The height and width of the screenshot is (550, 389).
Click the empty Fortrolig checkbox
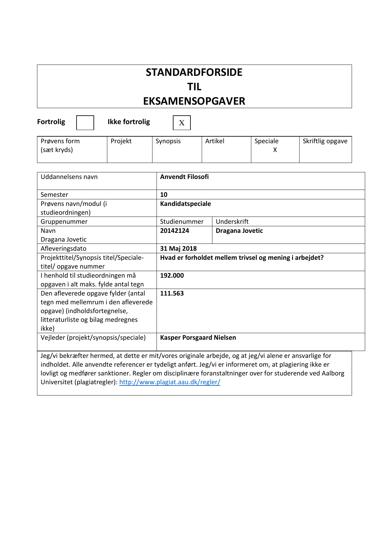pos(85,123)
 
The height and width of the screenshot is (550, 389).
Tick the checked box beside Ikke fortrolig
pos(182,123)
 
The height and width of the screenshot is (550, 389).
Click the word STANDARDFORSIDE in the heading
pos(194,72)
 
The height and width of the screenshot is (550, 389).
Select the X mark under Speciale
pos(275,150)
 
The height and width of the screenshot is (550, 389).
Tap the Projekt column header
pos(121,141)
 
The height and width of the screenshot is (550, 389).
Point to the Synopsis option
pos(168,141)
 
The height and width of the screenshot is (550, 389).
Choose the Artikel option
pos(215,141)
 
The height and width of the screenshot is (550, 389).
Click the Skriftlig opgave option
pos(325,141)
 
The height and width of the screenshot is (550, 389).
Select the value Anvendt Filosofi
pos(184,177)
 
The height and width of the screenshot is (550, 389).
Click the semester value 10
pos(164,195)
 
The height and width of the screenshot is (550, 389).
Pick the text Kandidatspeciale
pos(185,204)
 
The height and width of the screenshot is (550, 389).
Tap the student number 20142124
pos(174,231)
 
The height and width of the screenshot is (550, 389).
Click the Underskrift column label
pos(232,222)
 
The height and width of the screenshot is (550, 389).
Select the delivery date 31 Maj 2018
pos(178,249)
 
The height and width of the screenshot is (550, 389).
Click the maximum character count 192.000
pos(172,275)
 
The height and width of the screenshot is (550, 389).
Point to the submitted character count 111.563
pos(172,293)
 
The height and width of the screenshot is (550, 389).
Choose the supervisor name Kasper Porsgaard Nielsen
pos(198,338)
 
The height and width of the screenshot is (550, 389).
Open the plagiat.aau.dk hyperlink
pos(170,382)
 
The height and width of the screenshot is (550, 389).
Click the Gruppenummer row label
pos(64,222)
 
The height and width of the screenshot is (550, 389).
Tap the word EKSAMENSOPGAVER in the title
pos(194,101)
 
